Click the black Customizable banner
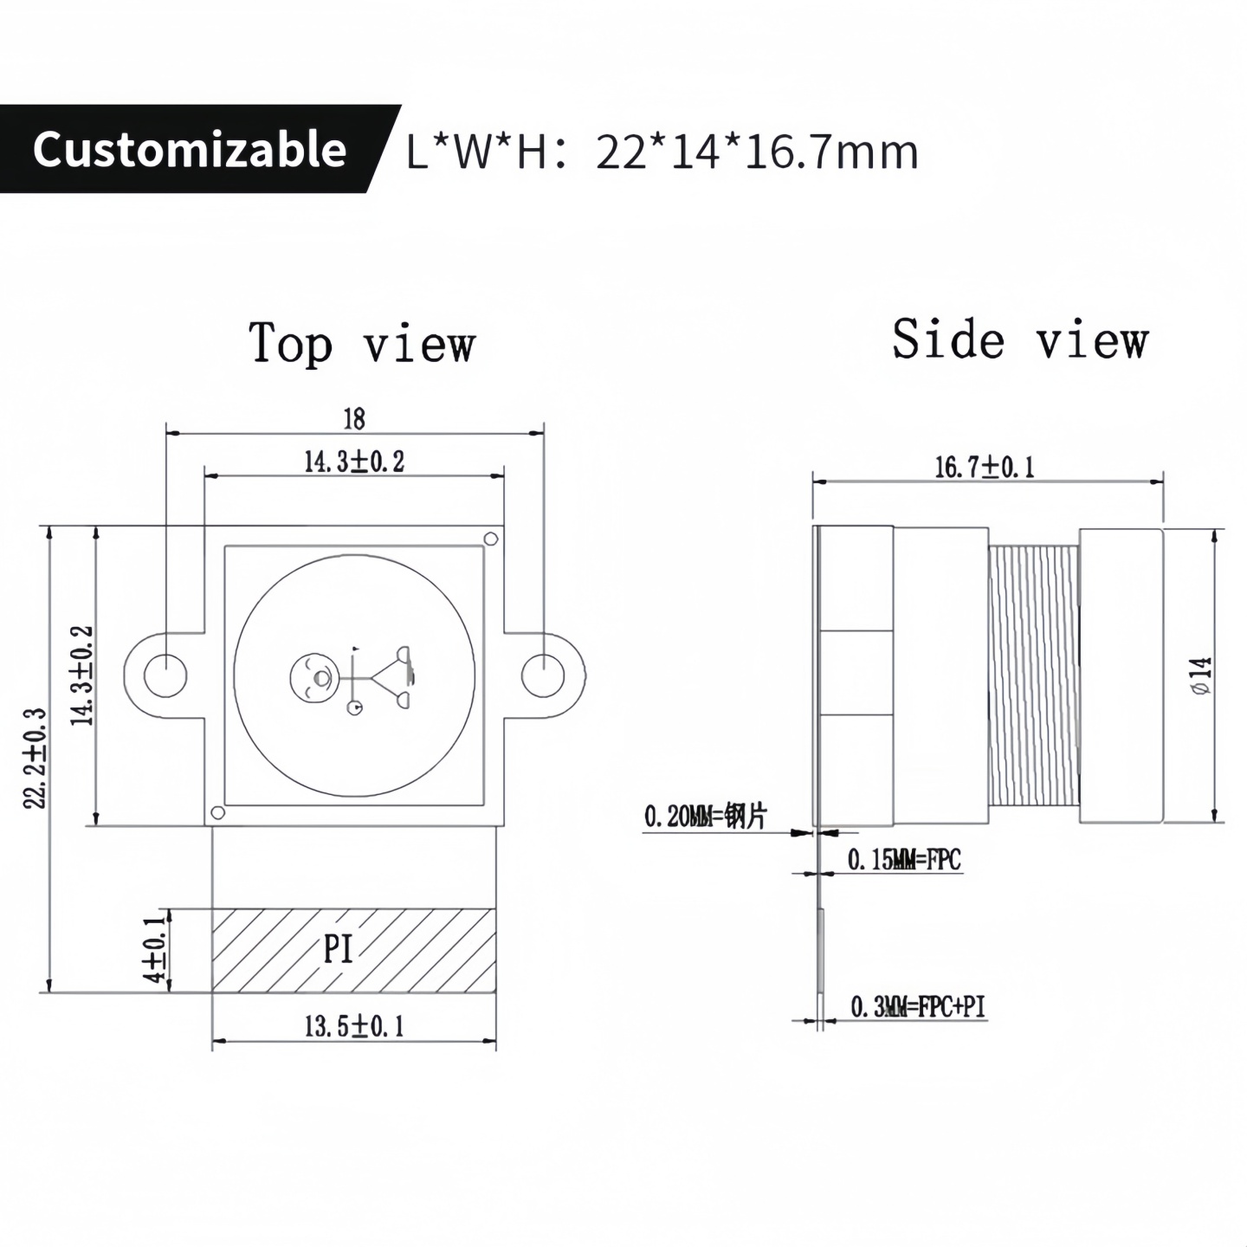(191, 149)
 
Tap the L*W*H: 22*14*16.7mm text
(662, 152)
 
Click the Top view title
(362, 343)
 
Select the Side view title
(1020, 339)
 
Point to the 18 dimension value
(354, 419)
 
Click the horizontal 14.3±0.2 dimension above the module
(354, 462)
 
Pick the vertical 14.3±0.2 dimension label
(82, 675)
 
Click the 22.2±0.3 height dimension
(35, 759)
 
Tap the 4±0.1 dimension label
(155, 949)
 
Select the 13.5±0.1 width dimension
(354, 1027)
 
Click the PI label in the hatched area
(339, 949)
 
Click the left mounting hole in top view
(165, 675)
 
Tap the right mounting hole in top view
(543, 675)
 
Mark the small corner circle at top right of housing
(490, 539)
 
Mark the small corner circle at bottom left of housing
(218, 812)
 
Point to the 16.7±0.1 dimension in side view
(985, 468)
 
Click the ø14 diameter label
(1201, 675)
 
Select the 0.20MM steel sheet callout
(705, 816)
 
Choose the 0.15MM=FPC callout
(904, 860)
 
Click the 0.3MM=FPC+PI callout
(918, 1007)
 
